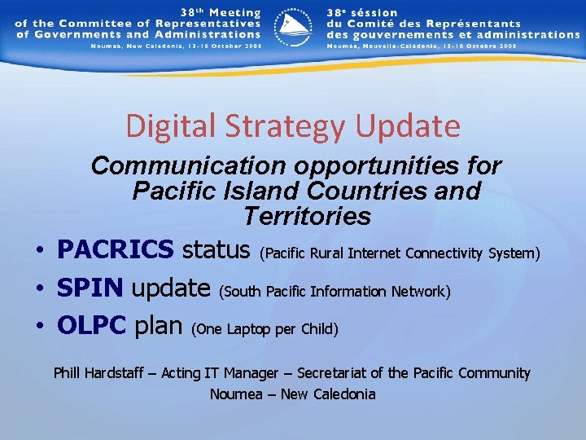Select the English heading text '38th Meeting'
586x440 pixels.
click(219, 13)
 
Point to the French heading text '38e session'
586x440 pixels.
click(363, 13)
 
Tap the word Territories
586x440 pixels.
click(306, 217)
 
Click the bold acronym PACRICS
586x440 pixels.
click(115, 249)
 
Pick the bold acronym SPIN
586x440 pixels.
click(90, 288)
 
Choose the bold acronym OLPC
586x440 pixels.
click(91, 326)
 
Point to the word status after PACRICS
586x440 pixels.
click(216, 249)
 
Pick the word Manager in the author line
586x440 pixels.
click(252, 373)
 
